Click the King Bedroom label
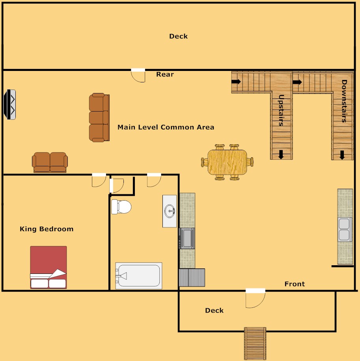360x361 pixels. point(47,229)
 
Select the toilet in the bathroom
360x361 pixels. point(121,207)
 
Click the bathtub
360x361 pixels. point(138,276)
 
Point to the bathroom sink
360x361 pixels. point(170,211)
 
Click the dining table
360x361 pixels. point(227,162)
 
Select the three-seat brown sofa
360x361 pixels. point(99,117)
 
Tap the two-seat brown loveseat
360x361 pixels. point(50,162)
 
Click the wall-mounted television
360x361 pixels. point(10,104)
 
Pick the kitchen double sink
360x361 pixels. point(345,229)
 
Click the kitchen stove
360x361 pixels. point(187,238)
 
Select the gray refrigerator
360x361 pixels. point(192,277)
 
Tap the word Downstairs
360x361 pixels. point(344,101)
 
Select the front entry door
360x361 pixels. point(255,298)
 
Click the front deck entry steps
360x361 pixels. point(255,343)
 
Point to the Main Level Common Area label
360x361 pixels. point(166,127)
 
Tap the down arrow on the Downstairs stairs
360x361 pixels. point(342,155)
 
